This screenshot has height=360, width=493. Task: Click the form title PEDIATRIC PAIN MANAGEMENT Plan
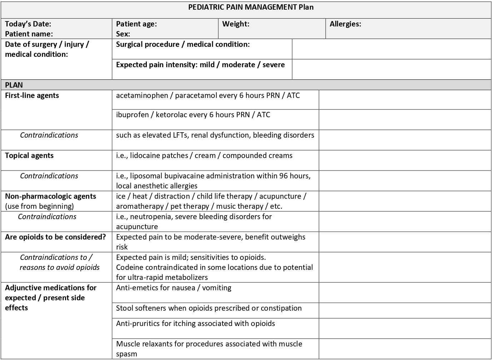[x=251, y=7]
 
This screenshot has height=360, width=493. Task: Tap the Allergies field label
[x=345, y=24]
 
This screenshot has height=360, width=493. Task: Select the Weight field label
[x=236, y=24]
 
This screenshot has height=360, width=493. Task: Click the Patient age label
[x=136, y=24]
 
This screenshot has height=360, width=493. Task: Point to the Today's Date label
[x=28, y=24]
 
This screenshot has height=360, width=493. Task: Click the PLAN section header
[x=14, y=85]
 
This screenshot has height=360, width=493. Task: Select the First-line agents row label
[x=32, y=95]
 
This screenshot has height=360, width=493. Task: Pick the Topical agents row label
[x=29, y=156]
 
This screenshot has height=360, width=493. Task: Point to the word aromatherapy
[x=140, y=206]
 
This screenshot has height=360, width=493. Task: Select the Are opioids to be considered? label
[x=55, y=237]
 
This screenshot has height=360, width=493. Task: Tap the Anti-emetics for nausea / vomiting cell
[x=174, y=288]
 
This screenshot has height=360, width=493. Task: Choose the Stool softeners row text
[x=209, y=308]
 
